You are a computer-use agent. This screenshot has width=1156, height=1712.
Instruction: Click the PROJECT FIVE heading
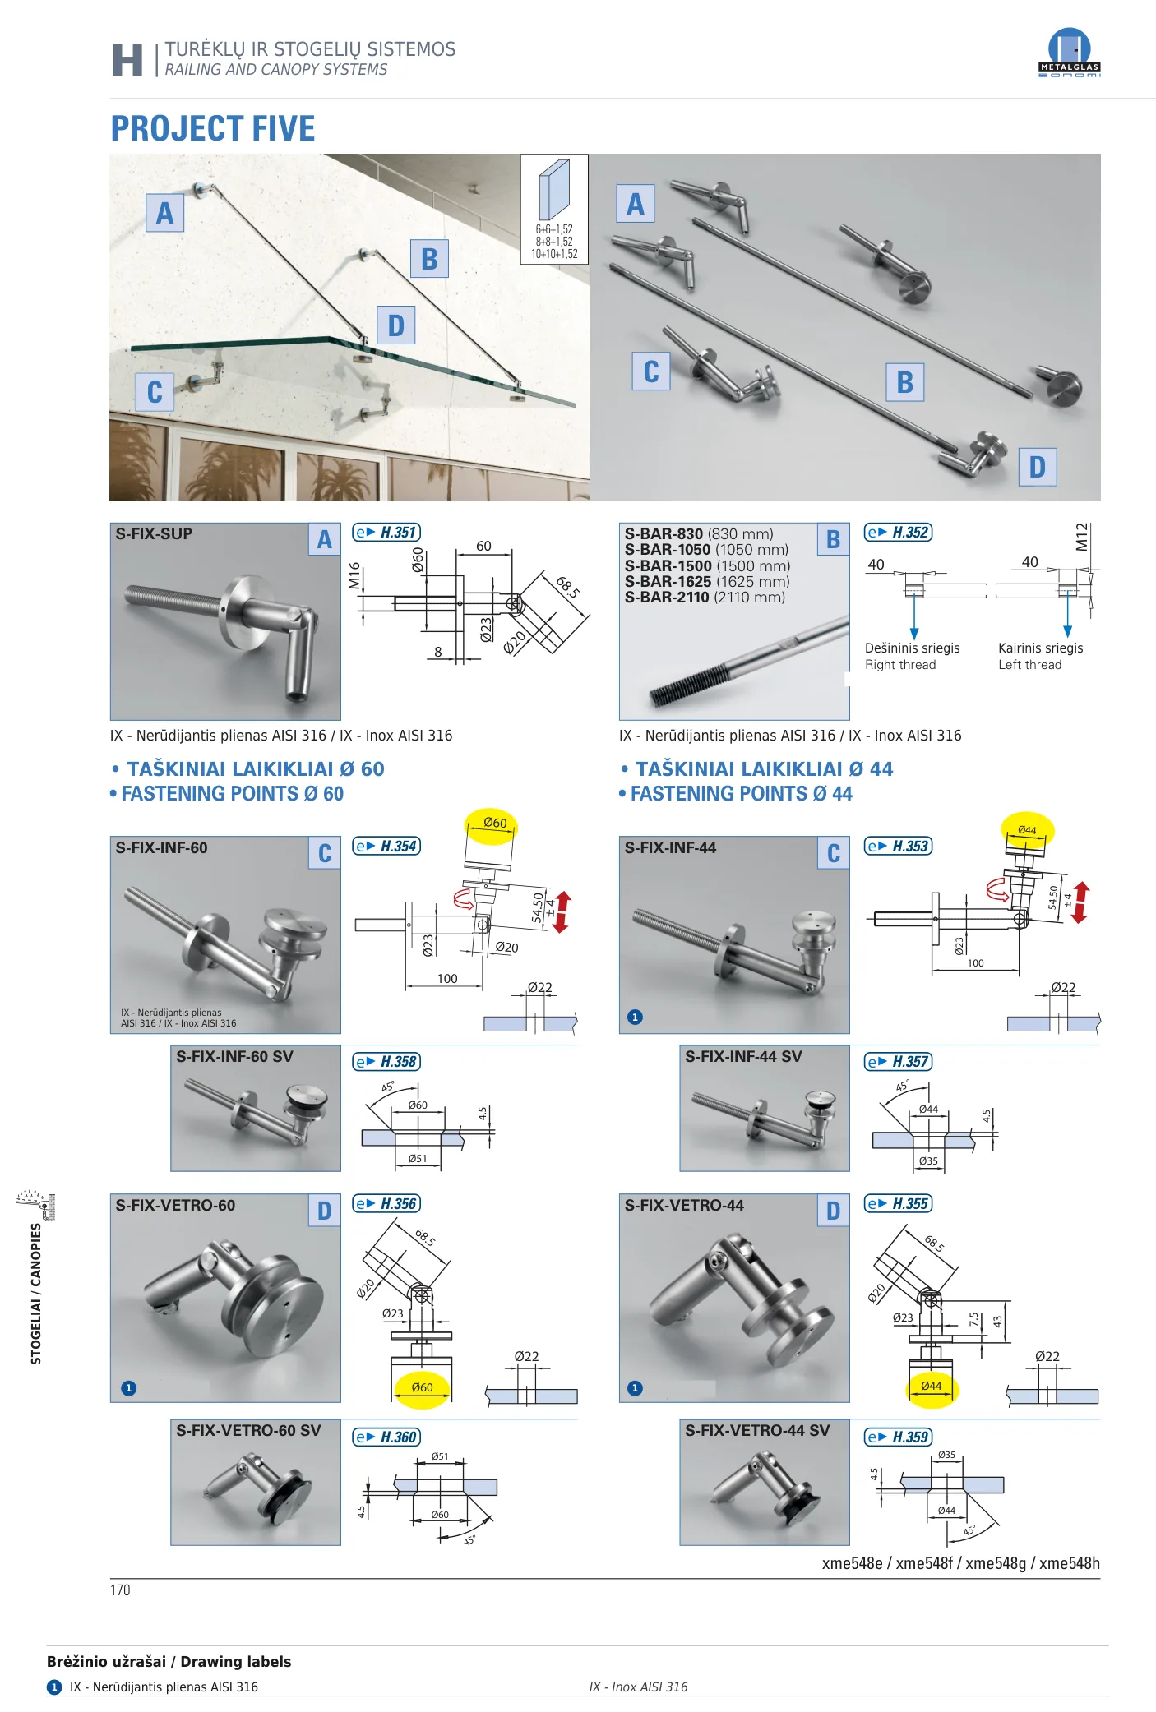213,128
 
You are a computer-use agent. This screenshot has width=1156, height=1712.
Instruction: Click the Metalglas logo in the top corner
1069,53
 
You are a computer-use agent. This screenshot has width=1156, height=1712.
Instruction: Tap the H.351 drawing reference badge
386,533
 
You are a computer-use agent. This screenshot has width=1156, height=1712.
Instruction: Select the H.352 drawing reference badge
898,533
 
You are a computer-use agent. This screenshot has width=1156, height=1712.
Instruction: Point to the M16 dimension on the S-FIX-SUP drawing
354,575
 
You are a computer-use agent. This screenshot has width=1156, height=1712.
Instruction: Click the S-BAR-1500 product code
668,565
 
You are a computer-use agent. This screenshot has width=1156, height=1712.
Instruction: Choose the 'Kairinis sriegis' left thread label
1040,648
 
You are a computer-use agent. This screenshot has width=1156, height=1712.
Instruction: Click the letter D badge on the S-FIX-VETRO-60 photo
325,1211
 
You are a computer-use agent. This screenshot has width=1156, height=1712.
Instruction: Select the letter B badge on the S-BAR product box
834,539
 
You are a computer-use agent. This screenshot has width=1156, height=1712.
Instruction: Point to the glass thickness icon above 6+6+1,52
554,189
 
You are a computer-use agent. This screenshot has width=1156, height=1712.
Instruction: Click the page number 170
120,1590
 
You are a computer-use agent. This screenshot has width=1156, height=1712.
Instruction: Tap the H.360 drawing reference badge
386,1437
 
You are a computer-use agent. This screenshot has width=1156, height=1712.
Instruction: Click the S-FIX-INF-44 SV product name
743,1056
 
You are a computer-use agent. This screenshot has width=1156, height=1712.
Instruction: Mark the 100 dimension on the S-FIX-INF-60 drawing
447,978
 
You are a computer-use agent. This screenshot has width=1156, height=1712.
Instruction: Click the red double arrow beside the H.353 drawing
1081,902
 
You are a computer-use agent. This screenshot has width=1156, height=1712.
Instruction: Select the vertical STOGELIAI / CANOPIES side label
36,1294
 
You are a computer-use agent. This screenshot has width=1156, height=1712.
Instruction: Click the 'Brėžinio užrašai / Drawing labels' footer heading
169,1661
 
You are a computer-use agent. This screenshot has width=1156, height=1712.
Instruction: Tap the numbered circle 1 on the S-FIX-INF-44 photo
635,1017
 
